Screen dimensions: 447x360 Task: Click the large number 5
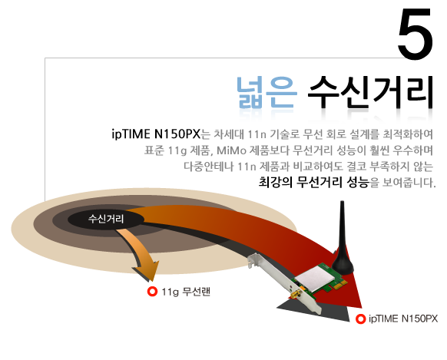coord(416,34)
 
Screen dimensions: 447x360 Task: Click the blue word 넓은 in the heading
coord(267,93)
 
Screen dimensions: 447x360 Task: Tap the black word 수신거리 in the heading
coord(370,93)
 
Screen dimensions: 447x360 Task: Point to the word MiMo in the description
coord(231,150)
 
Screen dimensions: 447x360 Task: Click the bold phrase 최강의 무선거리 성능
coord(313,182)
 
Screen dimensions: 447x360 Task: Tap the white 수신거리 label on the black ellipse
coord(106,219)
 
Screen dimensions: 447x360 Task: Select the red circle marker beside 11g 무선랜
coord(153,292)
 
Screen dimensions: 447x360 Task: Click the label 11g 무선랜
coord(186,292)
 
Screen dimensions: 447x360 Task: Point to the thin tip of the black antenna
coord(342,203)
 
